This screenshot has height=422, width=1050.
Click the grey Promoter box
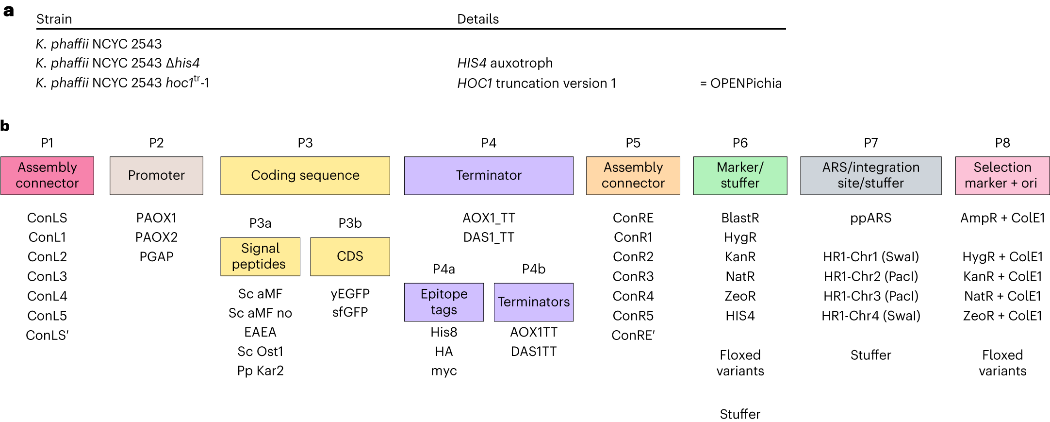click(156, 175)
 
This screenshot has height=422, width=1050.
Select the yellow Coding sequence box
click(305, 175)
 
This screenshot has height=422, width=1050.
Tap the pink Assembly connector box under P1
click(47, 175)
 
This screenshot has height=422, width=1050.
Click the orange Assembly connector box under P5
click(633, 175)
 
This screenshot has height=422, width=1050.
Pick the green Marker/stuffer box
click(740, 175)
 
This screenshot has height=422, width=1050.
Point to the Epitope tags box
click(444, 302)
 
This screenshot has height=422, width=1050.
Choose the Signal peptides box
click(260, 256)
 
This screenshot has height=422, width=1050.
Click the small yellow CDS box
click(350, 256)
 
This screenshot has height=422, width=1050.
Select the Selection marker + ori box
click(1002, 175)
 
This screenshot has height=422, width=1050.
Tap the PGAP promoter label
click(156, 256)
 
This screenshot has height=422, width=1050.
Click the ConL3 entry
click(47, 276)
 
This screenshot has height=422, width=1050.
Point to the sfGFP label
click(350, 312)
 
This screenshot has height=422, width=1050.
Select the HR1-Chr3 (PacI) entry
click(870, 296)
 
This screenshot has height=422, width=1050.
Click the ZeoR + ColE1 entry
click(1002, 316)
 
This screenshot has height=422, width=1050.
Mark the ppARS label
click(870, 218)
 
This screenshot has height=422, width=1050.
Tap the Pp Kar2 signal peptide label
click(260, 371)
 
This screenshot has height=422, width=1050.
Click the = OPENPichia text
click(741, 84)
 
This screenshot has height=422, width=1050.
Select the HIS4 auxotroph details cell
click(505, 63)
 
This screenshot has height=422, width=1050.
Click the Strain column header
click(54, 19)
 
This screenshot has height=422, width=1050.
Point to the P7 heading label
click(870, 143)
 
